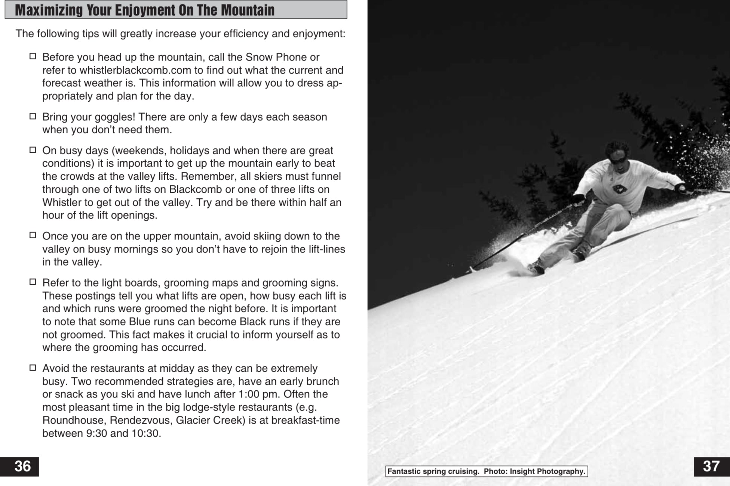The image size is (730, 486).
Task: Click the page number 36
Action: tap(22, 466)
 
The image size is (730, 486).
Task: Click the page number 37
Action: tap(711, 466)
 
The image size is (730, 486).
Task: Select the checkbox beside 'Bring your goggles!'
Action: tap(33, 117)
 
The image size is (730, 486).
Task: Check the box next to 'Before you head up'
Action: tap(33, 56)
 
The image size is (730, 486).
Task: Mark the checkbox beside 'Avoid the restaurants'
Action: tap(33, 368)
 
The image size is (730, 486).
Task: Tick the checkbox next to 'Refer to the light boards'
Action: tap(33, 282)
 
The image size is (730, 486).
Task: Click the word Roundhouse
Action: tap(74, 420)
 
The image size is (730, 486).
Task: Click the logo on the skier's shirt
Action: tap(620, 189)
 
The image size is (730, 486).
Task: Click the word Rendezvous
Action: tap(140, 420)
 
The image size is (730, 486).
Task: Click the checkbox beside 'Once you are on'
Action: tap(33, 235)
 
